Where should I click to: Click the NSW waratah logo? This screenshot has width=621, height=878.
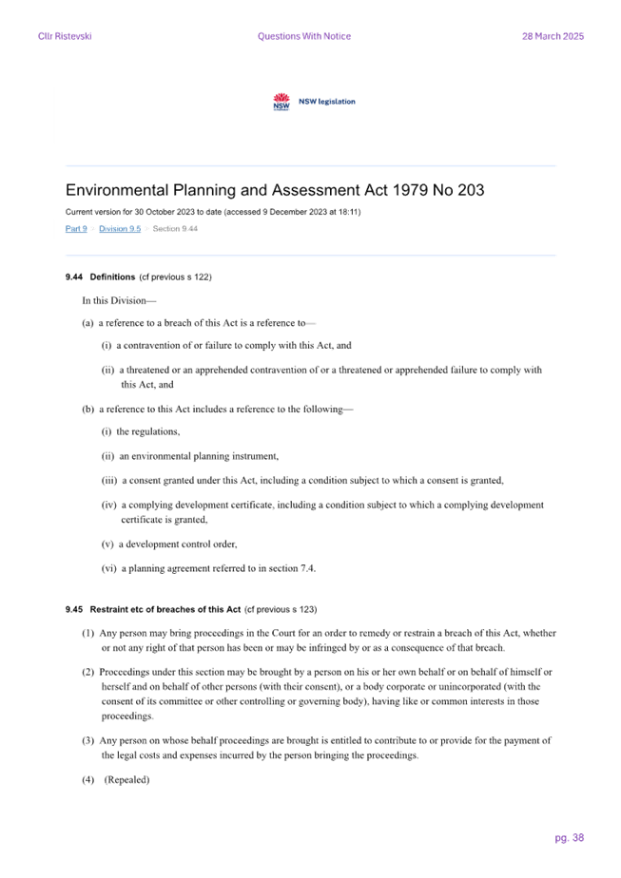tap(281, 102)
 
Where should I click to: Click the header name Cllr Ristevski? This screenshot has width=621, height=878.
tap(65, 36)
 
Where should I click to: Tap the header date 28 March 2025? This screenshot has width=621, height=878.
tap(553, 36)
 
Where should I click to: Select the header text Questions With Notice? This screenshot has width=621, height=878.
tap(304, 36)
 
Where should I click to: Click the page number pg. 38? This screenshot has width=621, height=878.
tap(570, 838)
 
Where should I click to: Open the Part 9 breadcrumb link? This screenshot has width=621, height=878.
tap(76, 228)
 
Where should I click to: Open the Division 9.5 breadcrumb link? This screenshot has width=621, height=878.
tap(120, 228)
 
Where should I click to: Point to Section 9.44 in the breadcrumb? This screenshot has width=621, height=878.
tap(175, 228)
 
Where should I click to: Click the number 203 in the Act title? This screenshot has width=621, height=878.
tap(471, 190)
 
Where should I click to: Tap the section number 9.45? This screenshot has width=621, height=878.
tap(74, 609)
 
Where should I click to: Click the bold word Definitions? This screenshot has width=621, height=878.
tap(112, 277)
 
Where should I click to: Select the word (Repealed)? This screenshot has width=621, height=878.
tap(127, 779)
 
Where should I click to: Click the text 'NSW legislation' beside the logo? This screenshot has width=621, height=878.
tap(327, 102)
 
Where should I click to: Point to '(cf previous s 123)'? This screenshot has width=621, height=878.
tap(281, 609)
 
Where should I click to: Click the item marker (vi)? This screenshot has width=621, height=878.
tap(108, 568)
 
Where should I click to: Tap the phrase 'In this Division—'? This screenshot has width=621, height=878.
tap(119, 300)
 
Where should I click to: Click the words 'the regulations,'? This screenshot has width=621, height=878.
tap(148, 431)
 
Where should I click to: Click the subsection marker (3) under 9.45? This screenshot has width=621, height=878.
tap(88, 741)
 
